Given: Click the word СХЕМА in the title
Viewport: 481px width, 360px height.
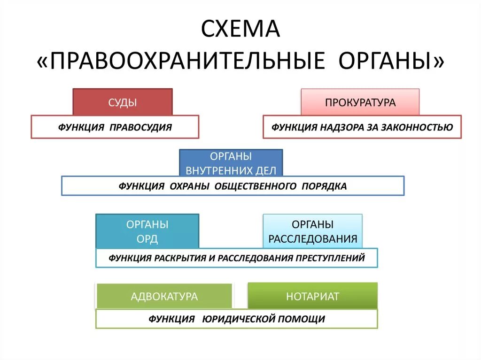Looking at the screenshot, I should click(x=240, y=29).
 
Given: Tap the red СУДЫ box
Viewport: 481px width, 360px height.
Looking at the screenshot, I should click(x=123, y=102).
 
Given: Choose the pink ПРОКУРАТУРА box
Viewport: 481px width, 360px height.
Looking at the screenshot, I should click(x=360, y=102).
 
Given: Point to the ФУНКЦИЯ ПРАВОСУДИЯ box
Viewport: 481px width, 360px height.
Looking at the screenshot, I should click(x=115, y=127).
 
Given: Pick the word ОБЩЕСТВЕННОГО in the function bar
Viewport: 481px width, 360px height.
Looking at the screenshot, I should click(x=256, y=186).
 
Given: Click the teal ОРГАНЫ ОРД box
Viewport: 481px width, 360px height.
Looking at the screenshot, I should click(x=147, y=231).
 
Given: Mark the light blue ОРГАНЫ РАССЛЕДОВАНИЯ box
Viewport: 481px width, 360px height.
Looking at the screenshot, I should click(x=313, y=231).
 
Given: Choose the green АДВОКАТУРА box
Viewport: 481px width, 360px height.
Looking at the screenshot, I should click(x=164, y=296).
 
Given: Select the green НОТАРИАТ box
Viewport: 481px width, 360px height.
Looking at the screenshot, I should click(x=313, y=296).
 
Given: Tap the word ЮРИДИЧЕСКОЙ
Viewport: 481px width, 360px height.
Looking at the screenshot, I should click(x=238, y=319).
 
